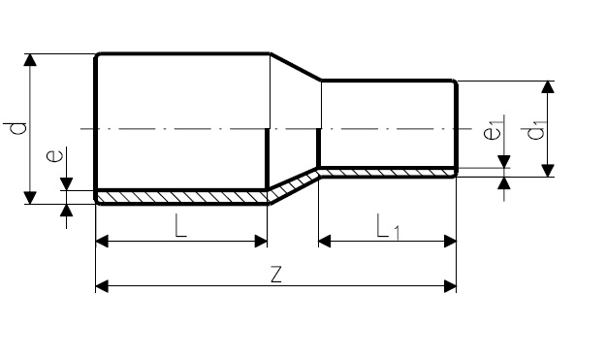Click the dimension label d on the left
16,128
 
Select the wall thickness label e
54,155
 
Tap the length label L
180,225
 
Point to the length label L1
388,227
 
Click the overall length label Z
276,274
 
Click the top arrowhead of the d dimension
30,60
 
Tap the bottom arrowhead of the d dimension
30,198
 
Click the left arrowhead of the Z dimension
102,286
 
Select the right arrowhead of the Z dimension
450,286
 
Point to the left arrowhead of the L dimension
102,242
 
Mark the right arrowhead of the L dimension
261,242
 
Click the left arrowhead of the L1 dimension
325,242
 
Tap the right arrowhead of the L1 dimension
450,242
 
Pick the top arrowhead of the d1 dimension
548,87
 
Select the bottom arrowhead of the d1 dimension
548,171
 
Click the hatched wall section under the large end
181,197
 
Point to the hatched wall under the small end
387,173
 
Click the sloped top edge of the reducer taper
296,67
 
